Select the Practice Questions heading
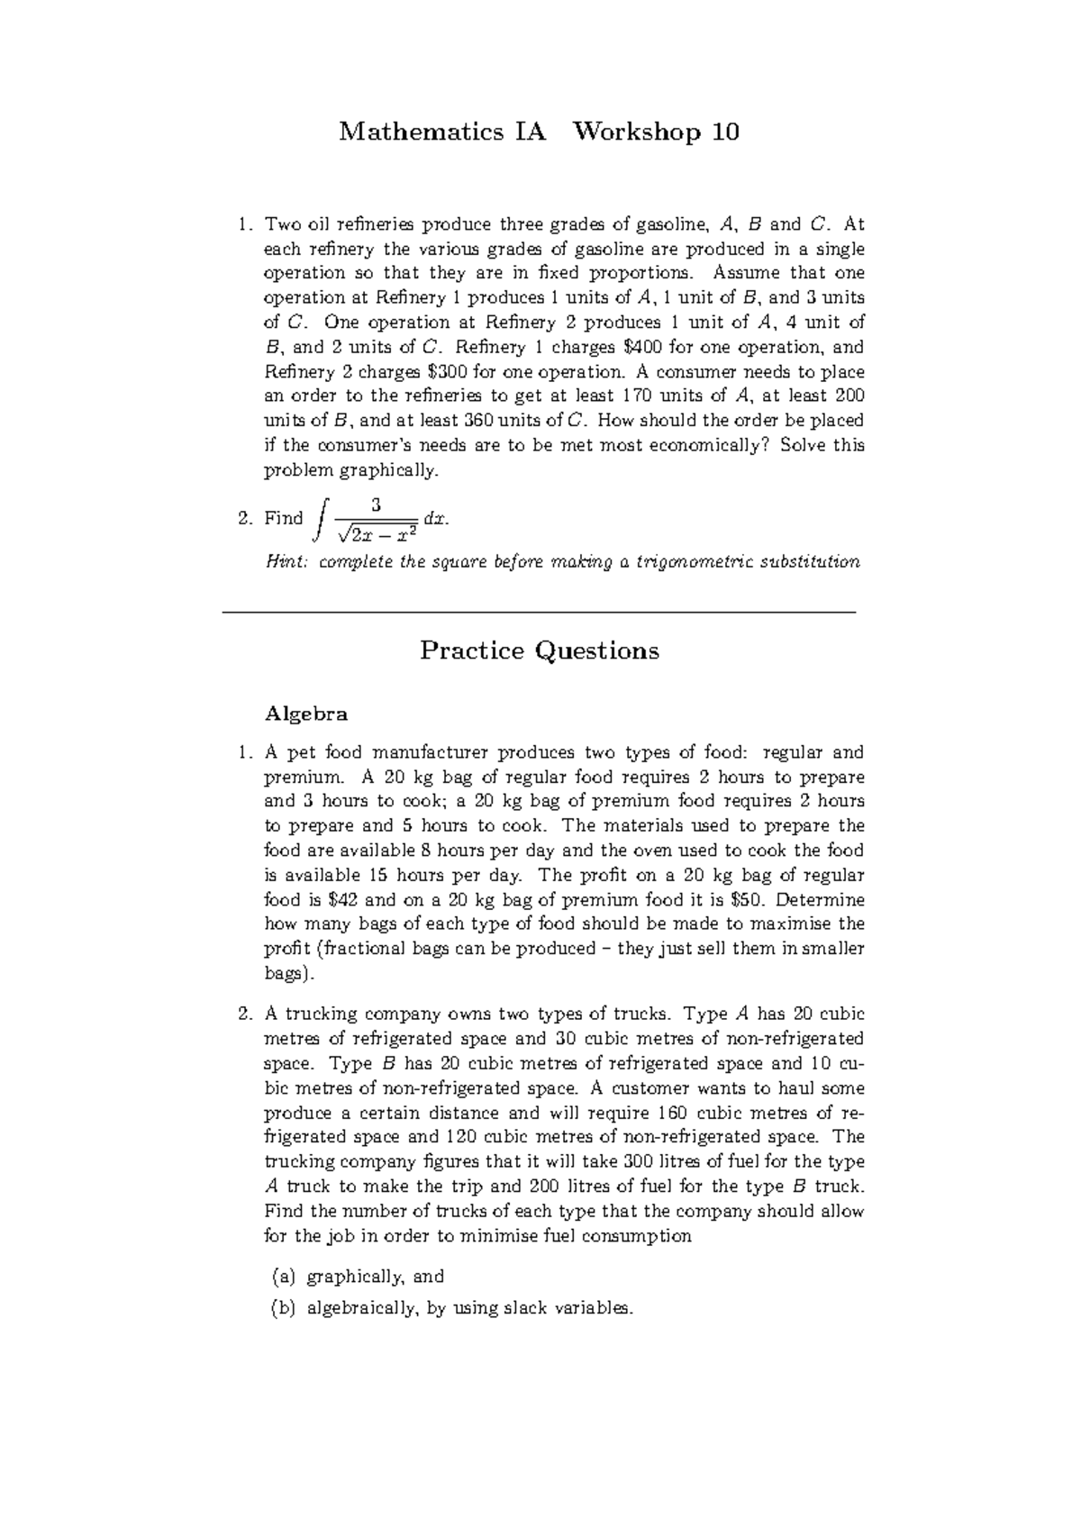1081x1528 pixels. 540,650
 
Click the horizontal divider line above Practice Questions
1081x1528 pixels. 538,613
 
